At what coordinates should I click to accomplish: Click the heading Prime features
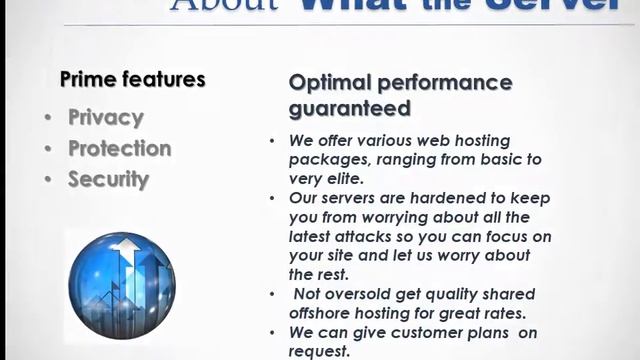point(133,79)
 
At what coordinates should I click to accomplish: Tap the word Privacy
point(106,117)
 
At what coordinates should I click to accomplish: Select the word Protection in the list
point(120,148)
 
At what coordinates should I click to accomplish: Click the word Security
point(108,180)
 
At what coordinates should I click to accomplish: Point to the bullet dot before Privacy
point(48,118)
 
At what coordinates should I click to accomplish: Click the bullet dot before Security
point(48,181)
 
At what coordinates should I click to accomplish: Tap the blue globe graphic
point(122,285)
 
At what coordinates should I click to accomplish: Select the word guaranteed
point(350,107)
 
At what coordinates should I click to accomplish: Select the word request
point(319,351)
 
